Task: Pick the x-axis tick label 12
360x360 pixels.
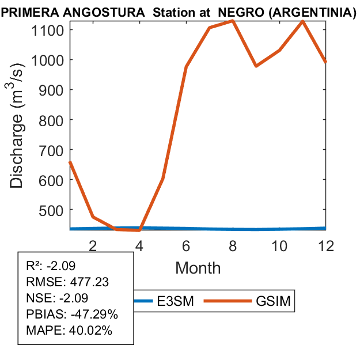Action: pos(325,245)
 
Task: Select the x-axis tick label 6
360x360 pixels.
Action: pos(186,245)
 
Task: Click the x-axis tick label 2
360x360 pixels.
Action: pos(93,245)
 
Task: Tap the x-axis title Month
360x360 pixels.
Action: pos(198,267)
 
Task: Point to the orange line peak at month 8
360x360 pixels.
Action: pos(233,21)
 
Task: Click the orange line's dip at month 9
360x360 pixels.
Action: pos(256,66)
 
